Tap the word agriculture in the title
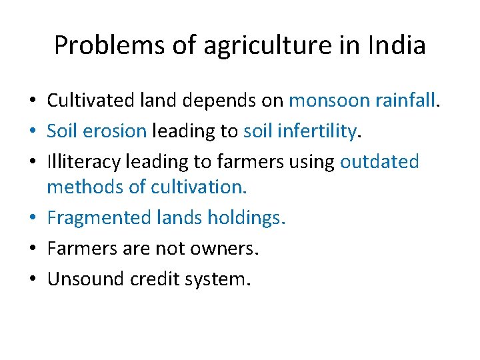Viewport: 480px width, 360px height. (241, 46)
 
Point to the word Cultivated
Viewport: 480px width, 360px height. (91, 101)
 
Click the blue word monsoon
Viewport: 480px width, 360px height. (329, 101)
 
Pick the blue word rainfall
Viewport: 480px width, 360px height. (404, 101)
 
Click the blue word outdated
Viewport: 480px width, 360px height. (379, 162)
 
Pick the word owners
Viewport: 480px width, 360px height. (226, 249)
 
